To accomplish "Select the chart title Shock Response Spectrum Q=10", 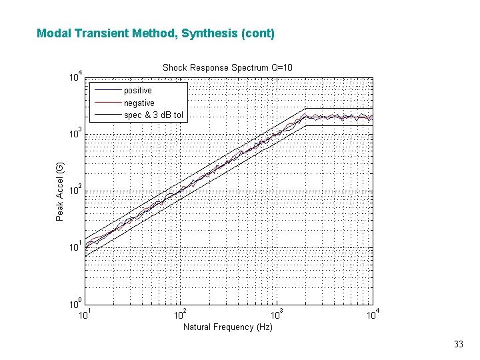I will click(227, 67).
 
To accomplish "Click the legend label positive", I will click(138, 90).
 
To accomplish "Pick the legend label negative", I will click(139, 103).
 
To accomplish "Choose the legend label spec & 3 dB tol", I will click(153, 115).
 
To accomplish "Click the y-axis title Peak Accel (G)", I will click(60, 191).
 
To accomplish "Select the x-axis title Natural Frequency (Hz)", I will click(227, 327).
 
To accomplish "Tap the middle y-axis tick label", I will click(76, 190).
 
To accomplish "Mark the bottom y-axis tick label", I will click(76, 303).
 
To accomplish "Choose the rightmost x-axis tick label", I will click(373, 313).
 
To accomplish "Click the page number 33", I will click(458, 345).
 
